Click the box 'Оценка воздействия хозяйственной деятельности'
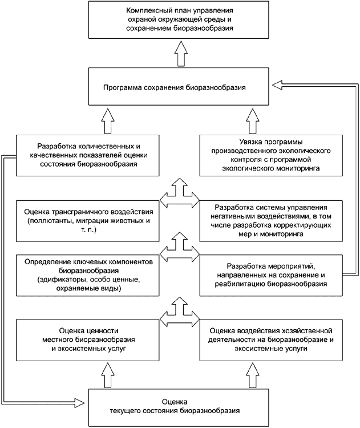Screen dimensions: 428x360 271,339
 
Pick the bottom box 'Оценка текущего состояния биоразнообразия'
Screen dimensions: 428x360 180,406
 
